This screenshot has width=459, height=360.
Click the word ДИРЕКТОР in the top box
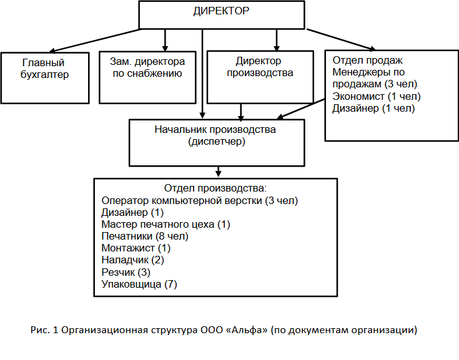tap(221, 11)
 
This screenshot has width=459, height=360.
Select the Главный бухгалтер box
tap(45, 78)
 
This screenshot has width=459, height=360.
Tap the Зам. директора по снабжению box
tap(147, 77)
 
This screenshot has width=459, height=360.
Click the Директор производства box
tap(260, 77)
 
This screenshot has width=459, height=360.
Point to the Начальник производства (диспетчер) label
tap(215, 135)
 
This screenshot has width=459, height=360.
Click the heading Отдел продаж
tap(367, 61)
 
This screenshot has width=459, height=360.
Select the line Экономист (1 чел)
tap(377, 96)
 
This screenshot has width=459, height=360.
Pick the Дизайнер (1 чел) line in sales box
tap(373, 108)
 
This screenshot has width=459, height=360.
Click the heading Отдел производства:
tap(215, 188)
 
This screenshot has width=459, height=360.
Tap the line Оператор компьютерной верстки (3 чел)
tap(200, 201)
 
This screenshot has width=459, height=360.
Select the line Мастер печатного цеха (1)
tap(165, 225)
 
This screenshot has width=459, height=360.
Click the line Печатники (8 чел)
tap(145, 236)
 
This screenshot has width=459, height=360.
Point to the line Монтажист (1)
tap(136, 248)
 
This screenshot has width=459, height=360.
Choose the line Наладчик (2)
tap(132, 260)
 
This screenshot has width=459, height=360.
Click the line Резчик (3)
tap(126, 272)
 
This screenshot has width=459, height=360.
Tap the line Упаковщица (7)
tap(139, 284)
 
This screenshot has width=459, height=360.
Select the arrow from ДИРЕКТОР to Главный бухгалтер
tap(95, 41)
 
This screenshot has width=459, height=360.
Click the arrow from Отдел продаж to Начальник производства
tap(301, 109)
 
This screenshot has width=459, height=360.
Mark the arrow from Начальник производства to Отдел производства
tap(218, 172)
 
